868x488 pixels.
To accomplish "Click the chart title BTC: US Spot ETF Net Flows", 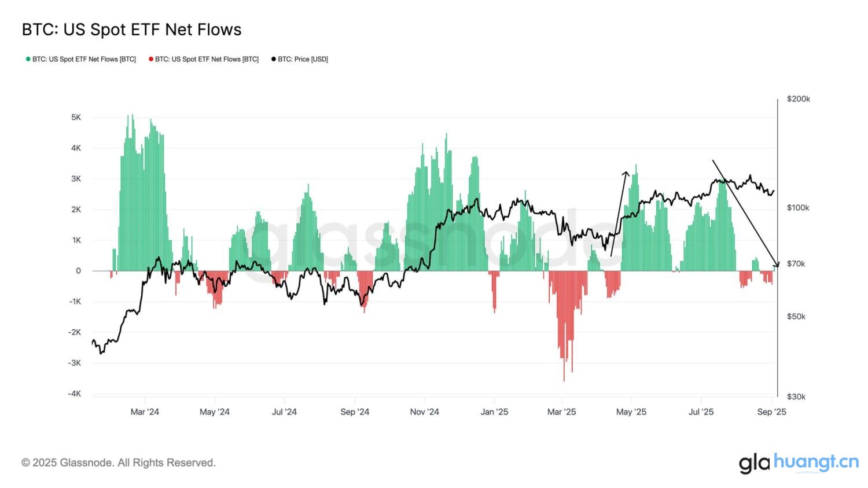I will point(131,30).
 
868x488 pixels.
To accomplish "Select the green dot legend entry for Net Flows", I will point(81,59).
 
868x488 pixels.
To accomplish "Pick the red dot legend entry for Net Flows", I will point(204,59).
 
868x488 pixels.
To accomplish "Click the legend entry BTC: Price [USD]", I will point(300,59).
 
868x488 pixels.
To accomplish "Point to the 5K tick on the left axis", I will point(76,118).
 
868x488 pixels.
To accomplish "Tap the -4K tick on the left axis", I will point(75,394).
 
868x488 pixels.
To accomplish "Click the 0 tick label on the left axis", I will point(78,271).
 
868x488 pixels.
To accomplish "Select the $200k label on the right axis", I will point(799,99).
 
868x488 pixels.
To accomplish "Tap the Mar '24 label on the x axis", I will point(145,412).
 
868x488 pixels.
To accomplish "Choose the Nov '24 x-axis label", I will point(424,412).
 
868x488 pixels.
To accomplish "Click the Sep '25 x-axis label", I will point(772,412).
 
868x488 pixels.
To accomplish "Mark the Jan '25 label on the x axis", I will point(495,412).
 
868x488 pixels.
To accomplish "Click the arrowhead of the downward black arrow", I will point(777,265).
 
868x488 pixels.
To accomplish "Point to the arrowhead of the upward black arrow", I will point(625,173).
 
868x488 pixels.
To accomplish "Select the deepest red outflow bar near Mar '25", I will point(564,379).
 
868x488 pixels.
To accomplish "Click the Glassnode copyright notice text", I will point(119,463).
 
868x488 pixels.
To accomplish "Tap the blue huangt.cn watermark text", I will point(816,461).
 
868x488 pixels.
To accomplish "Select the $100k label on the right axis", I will point(798,207).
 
